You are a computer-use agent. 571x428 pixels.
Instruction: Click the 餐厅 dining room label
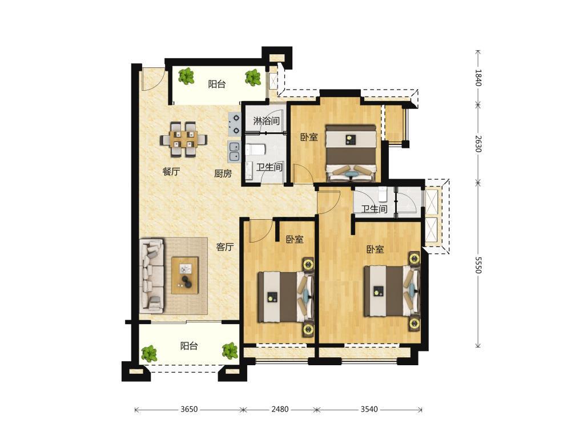pyautogui.click(x=171, y=171)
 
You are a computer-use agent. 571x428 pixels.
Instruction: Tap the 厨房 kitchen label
pyautogui.click(x=223, y=173)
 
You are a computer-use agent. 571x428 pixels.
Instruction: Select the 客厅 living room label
pyautogui.click(x=224, y=247)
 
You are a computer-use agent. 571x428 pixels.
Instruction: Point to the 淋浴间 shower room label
pyautogui.click(x=266, y=121)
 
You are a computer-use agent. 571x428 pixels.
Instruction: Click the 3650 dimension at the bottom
pyautogui.click(x=189, y=409)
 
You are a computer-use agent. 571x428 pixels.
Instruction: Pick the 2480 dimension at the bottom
pyautogui.click(x=280, y=409)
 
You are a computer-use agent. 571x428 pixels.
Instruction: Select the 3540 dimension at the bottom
pyautogui.click(x=369, y=409)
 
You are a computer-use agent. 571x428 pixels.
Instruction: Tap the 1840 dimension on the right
pyautogui.click(x=478, y=78)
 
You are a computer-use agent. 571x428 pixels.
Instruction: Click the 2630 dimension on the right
pyautogui.click(x=478, y=144)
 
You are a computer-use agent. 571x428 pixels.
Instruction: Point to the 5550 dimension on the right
pyautogui.click(x=478, y=265)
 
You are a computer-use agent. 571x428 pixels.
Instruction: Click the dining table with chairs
pyautogui.click(x=183, y=139)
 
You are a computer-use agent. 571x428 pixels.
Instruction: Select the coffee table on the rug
pyautogui.click(x=185, y=275)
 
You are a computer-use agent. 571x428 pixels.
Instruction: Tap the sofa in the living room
pyautogui.click(x=152, y=276)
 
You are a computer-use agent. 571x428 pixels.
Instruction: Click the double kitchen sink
pyautogui.click(x=234, y=152)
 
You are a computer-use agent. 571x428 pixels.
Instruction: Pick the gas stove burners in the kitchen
pyautogui.click(x=234, y=124)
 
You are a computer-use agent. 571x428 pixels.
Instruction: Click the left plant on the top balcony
pyautogui.click(x=187, y=76)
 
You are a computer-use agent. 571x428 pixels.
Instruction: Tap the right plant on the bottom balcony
pyautogui.click(x=230, y=350)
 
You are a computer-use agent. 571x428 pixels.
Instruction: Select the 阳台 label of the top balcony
pyautogui.click(x=216, y=84)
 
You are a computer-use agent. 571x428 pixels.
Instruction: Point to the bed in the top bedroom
pyautogui.click(x=351, y=153)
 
